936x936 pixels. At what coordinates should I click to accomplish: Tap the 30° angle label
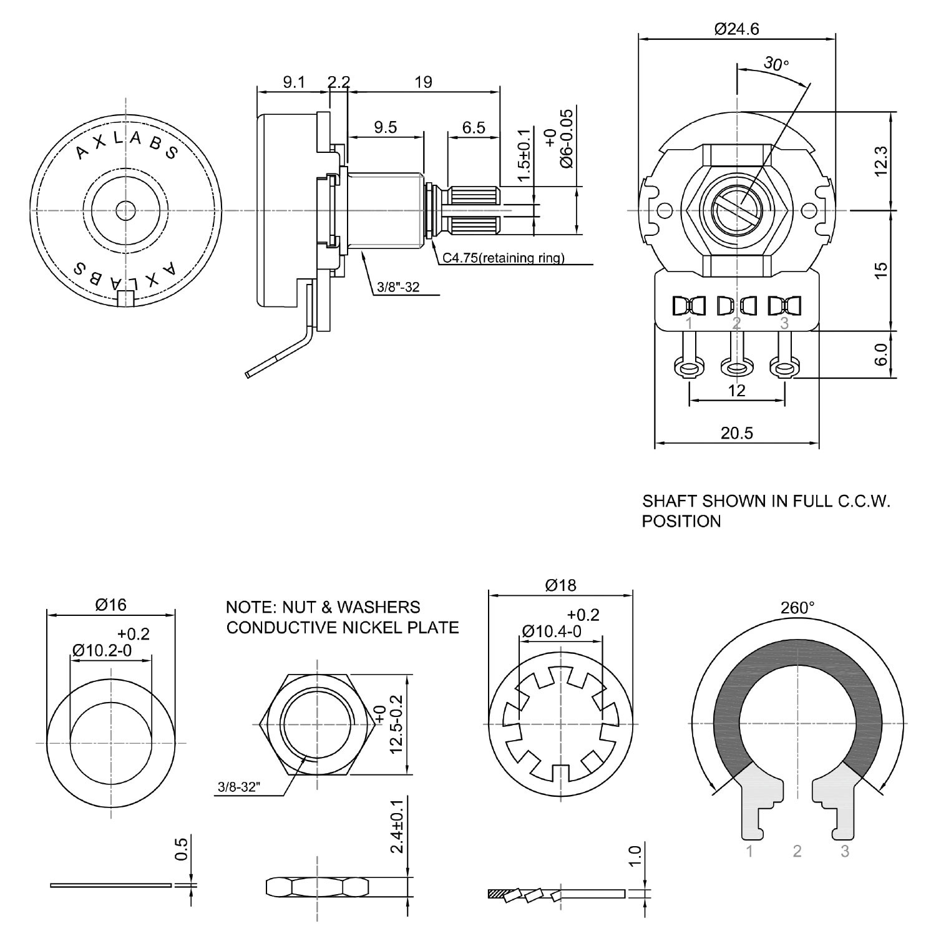776,63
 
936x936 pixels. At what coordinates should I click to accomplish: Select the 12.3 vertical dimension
880,161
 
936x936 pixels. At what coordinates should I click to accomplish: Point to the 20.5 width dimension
736,432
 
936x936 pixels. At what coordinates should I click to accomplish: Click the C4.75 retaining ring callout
503,258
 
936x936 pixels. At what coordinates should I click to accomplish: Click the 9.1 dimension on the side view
293,82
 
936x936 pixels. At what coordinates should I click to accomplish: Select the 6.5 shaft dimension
474,127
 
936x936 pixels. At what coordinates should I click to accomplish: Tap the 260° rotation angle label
797,608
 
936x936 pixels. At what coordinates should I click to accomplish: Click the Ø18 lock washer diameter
560,585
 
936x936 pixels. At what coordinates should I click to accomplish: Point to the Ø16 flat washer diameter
110,604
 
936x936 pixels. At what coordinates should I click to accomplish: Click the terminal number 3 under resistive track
845,851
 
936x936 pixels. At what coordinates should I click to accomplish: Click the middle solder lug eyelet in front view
736,366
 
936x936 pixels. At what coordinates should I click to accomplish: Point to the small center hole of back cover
127,210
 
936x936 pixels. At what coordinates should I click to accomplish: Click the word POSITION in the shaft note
681,521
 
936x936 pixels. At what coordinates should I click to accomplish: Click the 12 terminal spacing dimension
737,391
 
